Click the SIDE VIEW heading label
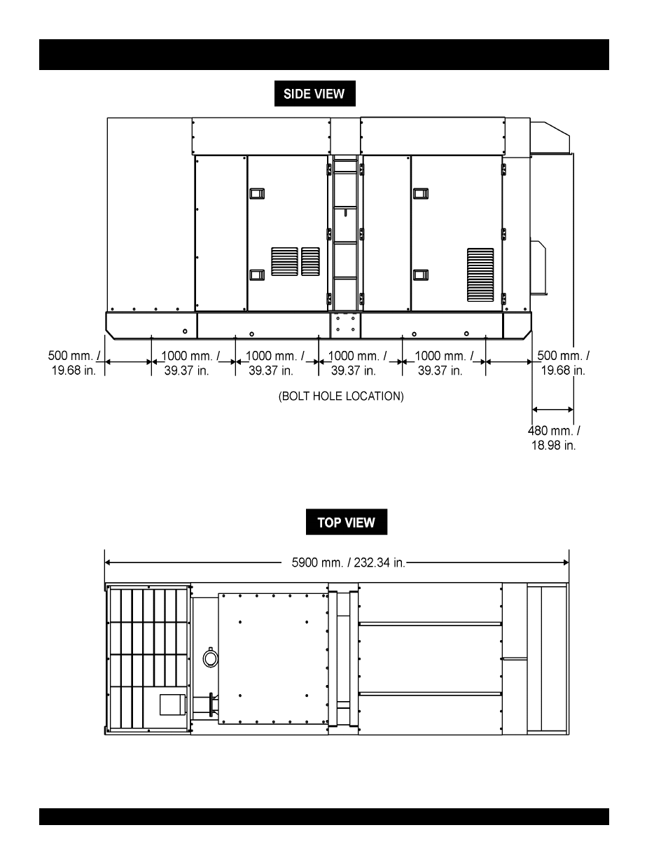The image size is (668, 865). pos(314,94)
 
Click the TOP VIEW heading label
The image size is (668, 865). pos(346,522)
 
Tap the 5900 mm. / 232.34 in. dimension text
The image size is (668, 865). pos(348,562)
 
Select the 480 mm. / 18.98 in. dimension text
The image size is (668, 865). pos(553,438)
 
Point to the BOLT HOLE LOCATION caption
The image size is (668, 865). pos(341,396)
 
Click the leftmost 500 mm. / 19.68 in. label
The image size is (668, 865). pos(74,363)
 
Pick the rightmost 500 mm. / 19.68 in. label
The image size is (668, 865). pos(563,363)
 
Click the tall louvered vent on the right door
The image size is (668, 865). pos(480,275)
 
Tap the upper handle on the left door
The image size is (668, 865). pos(257,193)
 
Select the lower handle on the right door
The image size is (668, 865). pos(421,275)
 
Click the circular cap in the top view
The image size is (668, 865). pos(210,658)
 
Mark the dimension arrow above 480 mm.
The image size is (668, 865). pos(552,409)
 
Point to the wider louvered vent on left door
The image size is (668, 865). pos(284,261)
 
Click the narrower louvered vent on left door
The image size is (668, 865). pos(310,261)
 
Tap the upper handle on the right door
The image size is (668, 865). pos(421,193)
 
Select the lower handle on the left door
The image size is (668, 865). pos(257,275)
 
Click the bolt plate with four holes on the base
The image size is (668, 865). pos(345,325)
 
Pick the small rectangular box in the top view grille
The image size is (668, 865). pos(173,705)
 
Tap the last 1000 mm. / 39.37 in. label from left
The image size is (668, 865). pos(444,363)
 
